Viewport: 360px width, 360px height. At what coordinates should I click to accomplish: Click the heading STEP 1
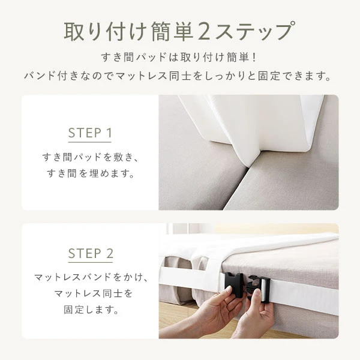(90, 133)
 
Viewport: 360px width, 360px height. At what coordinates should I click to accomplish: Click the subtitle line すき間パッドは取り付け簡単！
(179, 58)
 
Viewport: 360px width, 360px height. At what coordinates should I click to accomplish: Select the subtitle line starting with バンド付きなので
(179, 77)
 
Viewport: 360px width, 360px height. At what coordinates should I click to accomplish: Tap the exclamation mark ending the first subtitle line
(254, 58)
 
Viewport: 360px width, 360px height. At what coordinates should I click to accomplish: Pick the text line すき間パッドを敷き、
(90, 158)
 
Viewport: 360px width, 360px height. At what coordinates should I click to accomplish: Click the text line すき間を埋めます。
(90, 176)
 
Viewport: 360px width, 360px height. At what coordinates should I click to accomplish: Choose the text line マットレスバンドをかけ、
(90, 278)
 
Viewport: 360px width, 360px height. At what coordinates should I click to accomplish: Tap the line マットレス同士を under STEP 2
(90, 295)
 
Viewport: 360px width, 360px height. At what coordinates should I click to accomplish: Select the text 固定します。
(90, 311)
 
